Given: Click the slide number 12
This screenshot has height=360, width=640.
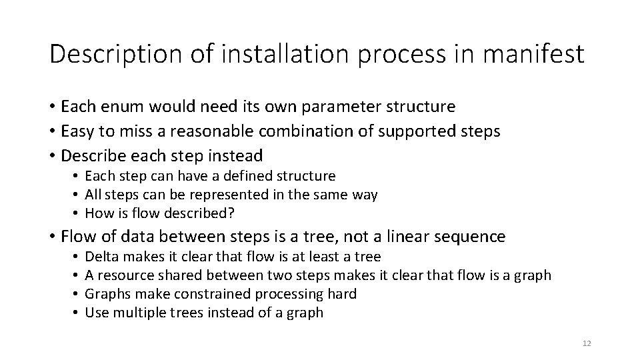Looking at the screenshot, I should pos(587,343).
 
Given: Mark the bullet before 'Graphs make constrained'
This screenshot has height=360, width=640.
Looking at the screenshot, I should pos(77,294).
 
